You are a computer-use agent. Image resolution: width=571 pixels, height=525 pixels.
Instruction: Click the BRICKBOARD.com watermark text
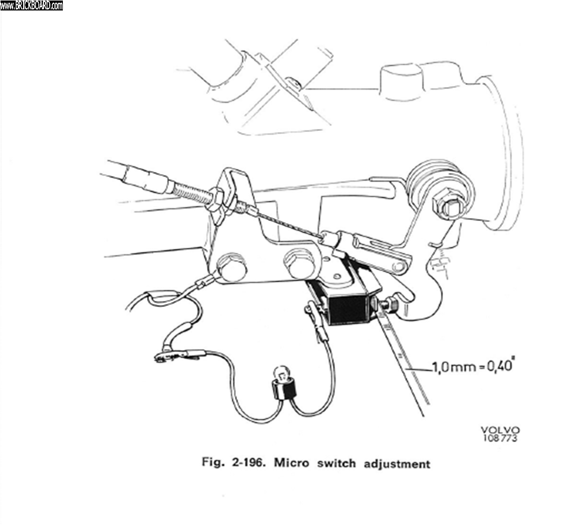[x=31, y=5]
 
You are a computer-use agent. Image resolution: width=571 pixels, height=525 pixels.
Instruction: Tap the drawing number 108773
[x=500, y=439]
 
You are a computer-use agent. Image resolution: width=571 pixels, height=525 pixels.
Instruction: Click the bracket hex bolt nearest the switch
[x=299, y=263]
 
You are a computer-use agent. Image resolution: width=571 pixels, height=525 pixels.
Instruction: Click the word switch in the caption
[x=336, y=463]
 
